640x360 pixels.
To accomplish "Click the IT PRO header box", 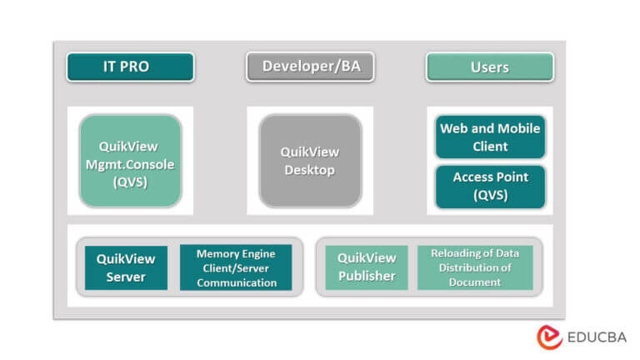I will [x=130, y=67].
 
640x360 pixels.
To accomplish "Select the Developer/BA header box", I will [x=310, y=67].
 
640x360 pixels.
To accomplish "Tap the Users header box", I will [x=489, y=67].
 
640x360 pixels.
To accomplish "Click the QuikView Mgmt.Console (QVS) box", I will [x=130, y=162].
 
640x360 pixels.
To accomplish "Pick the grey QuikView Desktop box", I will [x=310, y=161].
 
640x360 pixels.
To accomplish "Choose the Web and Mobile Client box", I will [x=490, y=137].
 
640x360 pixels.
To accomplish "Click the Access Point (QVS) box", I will [x=490, y=187].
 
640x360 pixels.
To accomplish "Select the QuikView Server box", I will [x=126, y=267].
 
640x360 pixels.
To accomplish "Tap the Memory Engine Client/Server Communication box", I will [x=236, y=267].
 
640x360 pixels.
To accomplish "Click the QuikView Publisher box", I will [x=367, y=267].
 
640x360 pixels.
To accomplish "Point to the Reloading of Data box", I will [x=474, y=267].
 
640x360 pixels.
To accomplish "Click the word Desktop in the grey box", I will [x=310, y=171].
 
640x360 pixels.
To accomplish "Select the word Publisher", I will [x=367, y=277].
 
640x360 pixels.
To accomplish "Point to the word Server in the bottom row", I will [x=126, y=277].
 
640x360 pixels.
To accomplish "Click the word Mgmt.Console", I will [x=130, y=164].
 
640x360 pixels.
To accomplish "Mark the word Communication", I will [x=236, y=282].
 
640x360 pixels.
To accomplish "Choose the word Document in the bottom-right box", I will [x=474, y=282].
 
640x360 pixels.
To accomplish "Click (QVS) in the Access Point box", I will [x=490, y=197].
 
